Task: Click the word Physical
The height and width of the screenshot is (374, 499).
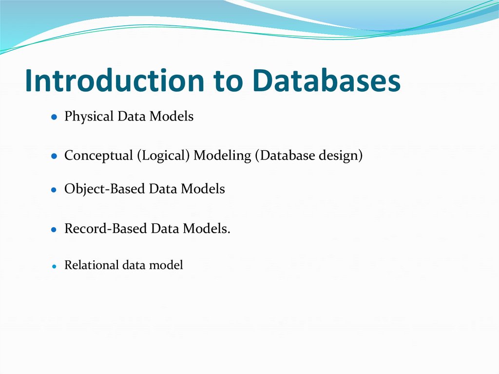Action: [x=89, y=117]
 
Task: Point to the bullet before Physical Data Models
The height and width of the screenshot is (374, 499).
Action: [x=55, y=118]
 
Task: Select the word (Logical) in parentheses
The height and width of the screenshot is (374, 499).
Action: [x=163, y=156]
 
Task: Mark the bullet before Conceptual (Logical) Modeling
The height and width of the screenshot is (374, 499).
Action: [x=55, y=157]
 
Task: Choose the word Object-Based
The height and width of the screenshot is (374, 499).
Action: [x=105, y=189]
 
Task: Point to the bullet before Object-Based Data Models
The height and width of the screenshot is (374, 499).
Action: [x=55, y=190]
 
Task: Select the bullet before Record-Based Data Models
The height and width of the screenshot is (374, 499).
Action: [x=55, y=229]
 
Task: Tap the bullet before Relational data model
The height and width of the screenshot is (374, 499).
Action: [x=55, y=266]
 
